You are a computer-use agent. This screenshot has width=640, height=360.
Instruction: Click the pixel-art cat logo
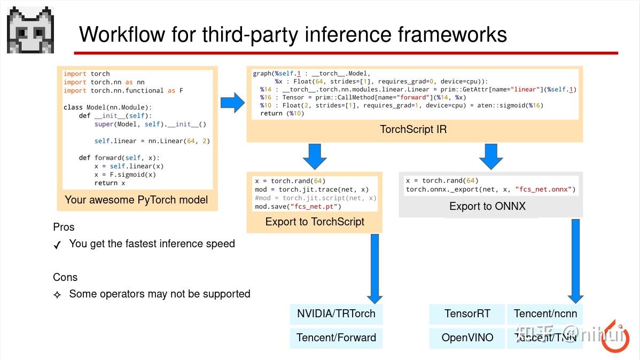click(x=30, y=30)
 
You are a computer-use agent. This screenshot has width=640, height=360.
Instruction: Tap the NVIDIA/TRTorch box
click(x=336, y=314)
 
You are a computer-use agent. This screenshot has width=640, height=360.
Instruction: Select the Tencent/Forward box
click(x=336, y=338)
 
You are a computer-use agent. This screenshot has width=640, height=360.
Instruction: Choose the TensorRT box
click(x=467, y=314)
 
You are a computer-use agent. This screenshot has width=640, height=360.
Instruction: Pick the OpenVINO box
click(x=467, y=338)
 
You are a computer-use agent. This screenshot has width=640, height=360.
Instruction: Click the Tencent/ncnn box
click(x=545, y=314)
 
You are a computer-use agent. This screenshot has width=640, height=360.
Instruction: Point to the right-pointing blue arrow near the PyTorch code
click(x=232, y=102)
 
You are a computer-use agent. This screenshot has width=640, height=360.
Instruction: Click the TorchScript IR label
click(x=413, y=130)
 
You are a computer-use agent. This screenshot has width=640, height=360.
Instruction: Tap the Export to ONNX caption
click(x=487, y=207)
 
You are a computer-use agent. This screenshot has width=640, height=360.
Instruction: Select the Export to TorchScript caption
click(x=315, y=222)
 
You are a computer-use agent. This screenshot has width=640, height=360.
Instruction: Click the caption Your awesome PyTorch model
click(x=136, y=200)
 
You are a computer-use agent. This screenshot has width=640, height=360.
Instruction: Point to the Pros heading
click(x=64, y=227)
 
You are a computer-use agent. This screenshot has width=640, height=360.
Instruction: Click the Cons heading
click(x=65, y=277)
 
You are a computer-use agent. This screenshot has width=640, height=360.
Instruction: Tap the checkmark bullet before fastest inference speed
click(x=57, y=245)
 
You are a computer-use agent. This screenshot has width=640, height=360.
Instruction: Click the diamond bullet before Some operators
click(x=57, y=294)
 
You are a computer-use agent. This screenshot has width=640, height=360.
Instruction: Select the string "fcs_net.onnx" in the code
click(x=544, y=189)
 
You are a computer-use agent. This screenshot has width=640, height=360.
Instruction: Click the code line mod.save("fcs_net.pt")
click(x=298, y=206)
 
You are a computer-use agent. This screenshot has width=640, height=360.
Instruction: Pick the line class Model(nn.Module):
click(x=107, y=107)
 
